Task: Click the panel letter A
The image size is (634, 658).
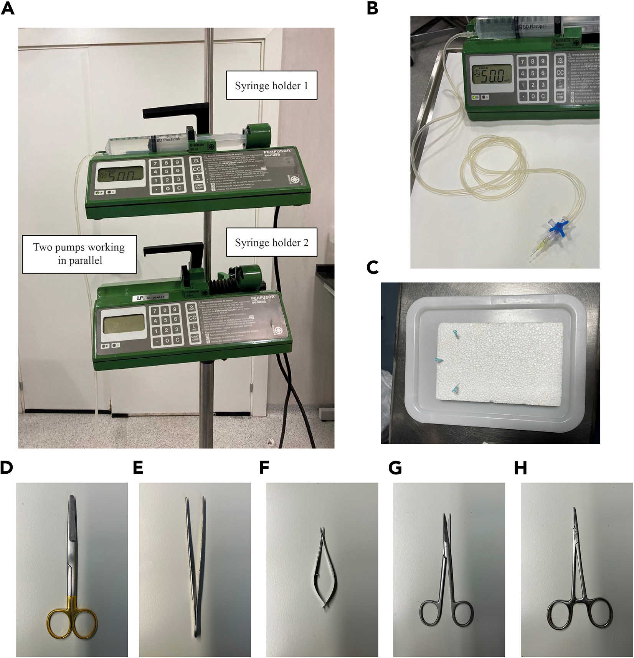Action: (8, 8)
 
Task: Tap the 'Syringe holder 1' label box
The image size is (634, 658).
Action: (271, 85)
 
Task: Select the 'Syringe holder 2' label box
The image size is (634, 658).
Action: (271, 243)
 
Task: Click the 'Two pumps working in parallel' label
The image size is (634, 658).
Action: (79, 254)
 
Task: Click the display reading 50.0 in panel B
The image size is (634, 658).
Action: (492, 75)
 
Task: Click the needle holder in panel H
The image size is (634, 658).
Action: (579, 575)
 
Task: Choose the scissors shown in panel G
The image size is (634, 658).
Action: (447, 571)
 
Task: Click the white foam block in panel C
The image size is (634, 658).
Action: (501, 362)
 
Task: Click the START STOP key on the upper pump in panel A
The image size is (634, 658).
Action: (199, 187)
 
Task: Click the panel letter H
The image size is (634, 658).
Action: (520, 468)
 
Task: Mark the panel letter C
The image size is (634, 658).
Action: (373, 267)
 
